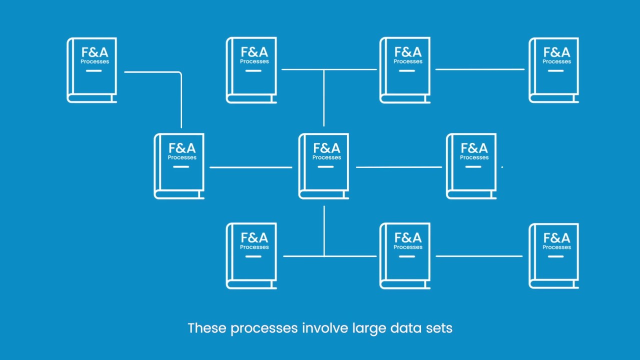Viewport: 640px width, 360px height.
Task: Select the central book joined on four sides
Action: pyautogui.click(x=324, y=166)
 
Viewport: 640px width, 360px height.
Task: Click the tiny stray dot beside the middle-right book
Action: pyautogui.click(x=502, y=167)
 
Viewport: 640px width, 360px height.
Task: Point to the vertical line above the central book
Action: pyautogui.click(x=324, y=98)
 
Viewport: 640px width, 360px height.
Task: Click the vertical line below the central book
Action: pyautogui.click(x=324, y=230)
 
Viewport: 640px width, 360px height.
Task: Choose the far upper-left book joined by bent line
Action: pyautogui.click(x=92, y=70)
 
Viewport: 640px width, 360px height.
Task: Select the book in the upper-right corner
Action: pyautogui.click(x=554, y=70)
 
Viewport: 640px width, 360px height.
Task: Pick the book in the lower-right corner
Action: pyautogui.click(x=554, y=255)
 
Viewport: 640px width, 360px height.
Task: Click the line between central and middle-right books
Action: pyautogui.click(x=398, y=167)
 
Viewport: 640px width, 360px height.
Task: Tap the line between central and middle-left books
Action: pyautogui.click(x=250, y=167)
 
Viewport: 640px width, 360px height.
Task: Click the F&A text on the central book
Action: pyautogui.click(x=326, y=148)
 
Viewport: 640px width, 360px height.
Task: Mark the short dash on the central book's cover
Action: pyautogui.click(x=325, y=166)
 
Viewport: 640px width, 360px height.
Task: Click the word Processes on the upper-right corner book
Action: pyautogui.click(x=556, y=61)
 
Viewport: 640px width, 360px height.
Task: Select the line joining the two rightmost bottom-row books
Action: pyautogui.click(x=478, y=256)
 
